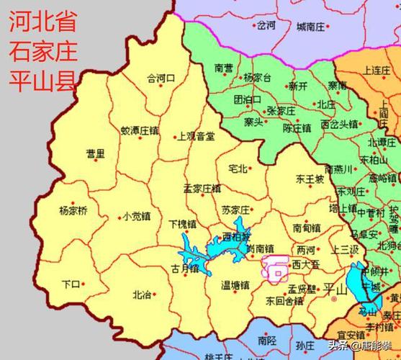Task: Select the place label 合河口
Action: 161,78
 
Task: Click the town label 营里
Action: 95,153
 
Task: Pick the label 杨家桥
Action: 73,211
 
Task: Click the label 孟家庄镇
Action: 202,188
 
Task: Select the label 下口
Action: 70,284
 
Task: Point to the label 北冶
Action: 142,294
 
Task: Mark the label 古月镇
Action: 184,269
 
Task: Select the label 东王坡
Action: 310,179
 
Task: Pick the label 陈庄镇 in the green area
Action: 297,128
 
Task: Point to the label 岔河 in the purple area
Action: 266,25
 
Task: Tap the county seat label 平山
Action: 336,289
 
